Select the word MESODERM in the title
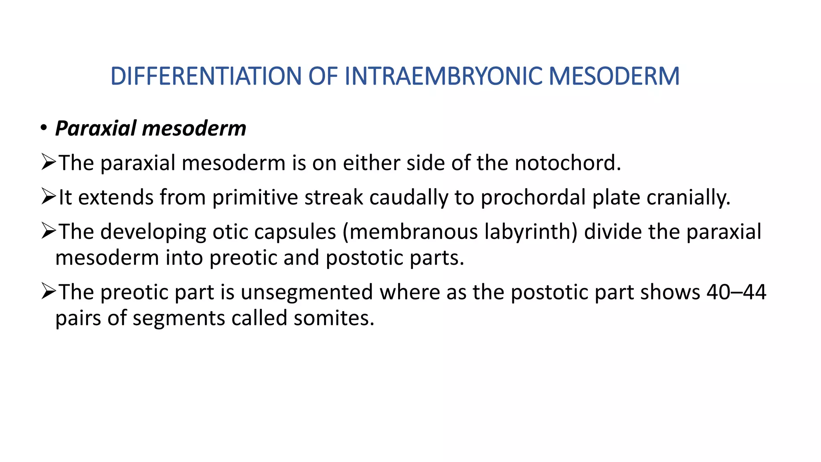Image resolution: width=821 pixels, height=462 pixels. (x=614, y=76)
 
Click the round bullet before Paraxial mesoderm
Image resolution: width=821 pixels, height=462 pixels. (x=43, y=128)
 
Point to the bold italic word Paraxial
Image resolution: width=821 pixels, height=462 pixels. (x=96, y=129)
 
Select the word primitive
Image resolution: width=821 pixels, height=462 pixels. (x=255, y=197)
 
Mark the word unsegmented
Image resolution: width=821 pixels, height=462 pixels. (x=307, y=292)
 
